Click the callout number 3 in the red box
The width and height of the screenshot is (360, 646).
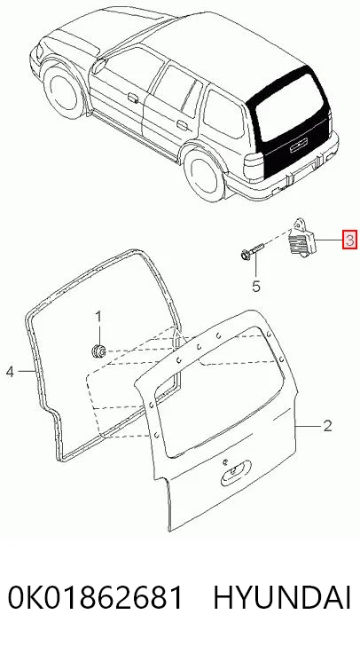(349, 240)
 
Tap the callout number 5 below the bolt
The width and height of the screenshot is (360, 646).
(256, 286)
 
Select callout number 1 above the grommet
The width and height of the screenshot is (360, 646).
(98, 318)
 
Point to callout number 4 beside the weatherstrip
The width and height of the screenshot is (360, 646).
(11, 372)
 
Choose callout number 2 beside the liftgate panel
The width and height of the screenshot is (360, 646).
(327, 426)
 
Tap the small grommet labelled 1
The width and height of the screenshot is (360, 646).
(98, 351)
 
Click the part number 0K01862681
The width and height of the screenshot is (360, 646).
(95, 597)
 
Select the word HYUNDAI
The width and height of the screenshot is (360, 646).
(283, 597)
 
